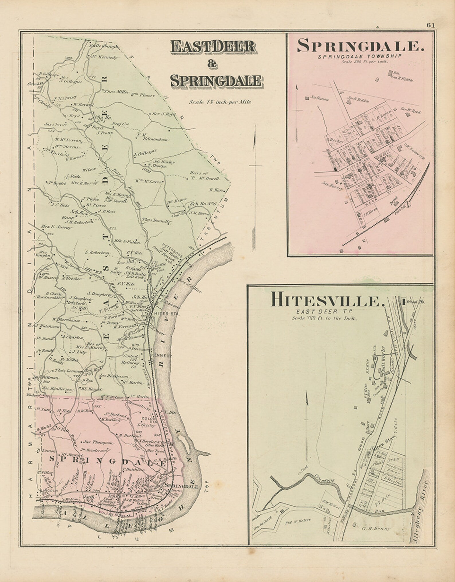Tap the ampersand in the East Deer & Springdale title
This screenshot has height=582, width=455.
point(213,65)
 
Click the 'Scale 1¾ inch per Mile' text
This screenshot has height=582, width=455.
point(220,101)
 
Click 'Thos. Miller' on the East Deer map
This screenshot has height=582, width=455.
point(113,91)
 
